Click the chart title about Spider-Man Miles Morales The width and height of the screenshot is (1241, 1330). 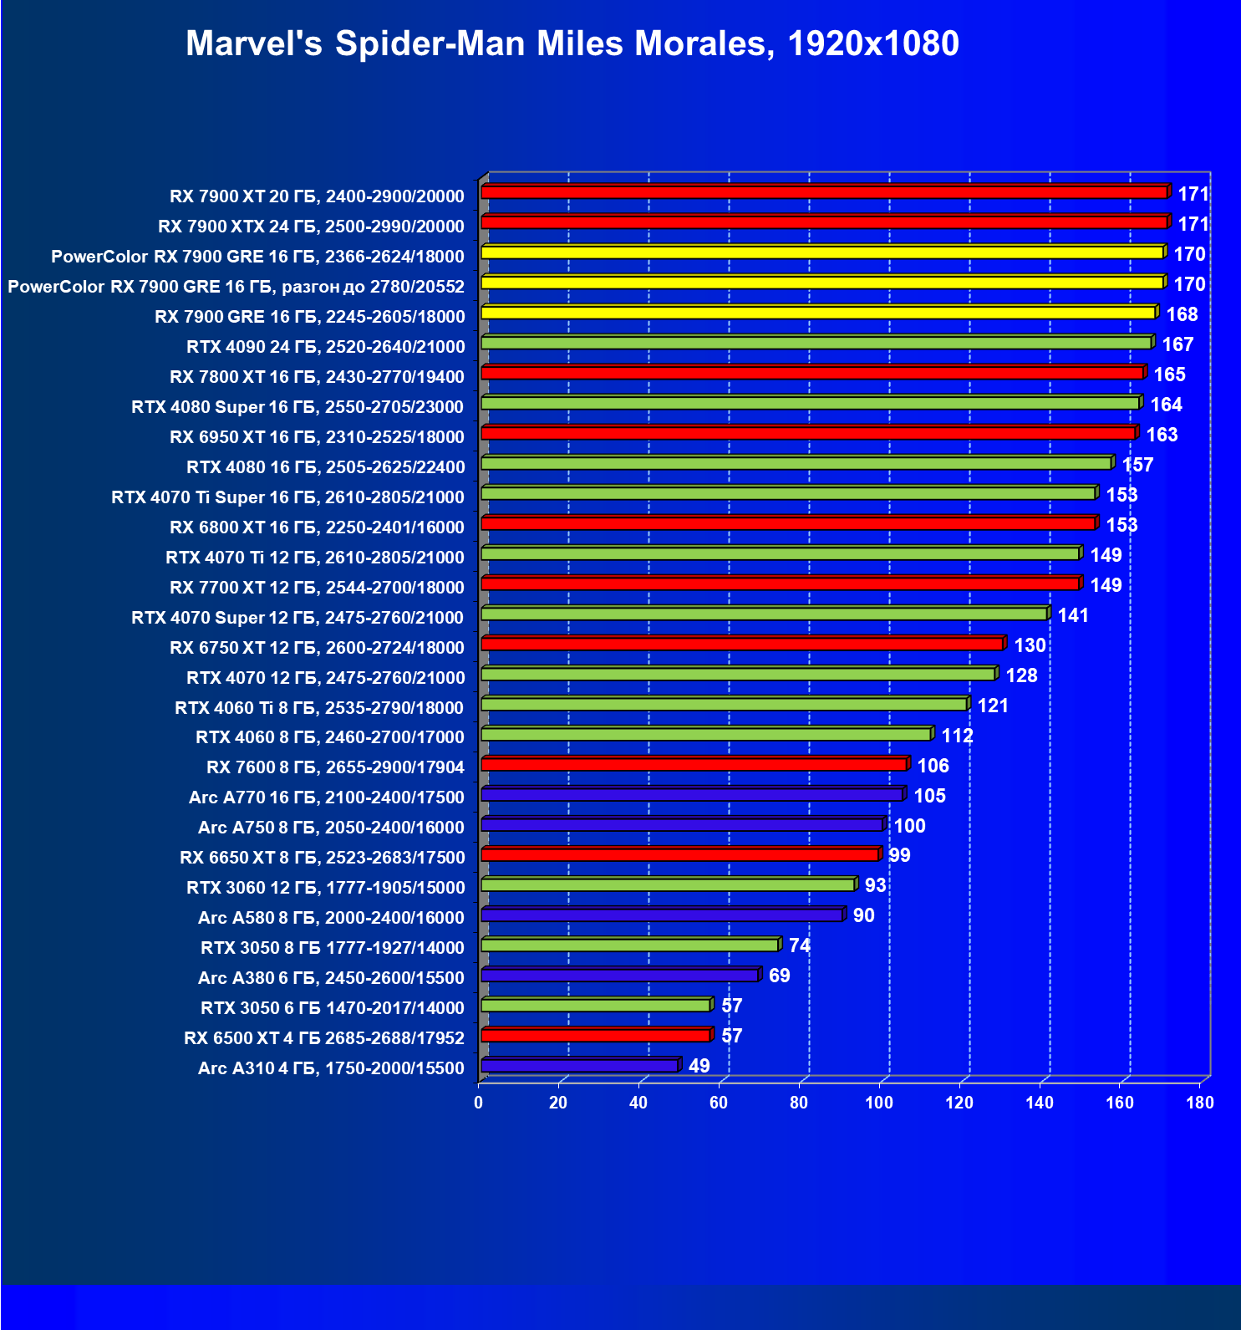[x=572, y=43]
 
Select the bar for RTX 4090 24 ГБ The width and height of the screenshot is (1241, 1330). [x=816, y=343]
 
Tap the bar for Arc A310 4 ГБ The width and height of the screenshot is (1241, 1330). [x=579, y=1066]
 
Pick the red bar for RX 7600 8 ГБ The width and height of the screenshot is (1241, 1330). [x=694, y=764]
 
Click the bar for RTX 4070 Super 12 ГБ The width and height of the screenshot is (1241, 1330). [x=764, y=614]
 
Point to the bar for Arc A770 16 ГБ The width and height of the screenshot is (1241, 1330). [x=692, y=794]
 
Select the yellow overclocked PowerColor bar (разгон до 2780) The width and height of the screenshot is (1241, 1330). [x=822, y=283]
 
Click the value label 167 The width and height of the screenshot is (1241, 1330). [x=1177, y=344]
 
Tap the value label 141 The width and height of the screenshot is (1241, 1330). [x=1073, y=615]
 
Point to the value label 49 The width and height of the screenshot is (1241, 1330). [x=699, y=1066]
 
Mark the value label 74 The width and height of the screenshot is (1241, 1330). [x=799, y=945]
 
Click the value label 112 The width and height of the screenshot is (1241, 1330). [x=957, y=736]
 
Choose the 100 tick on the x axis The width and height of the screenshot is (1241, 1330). [x=879, y=1103]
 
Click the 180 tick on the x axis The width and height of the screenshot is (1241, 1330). [x=1200, y=1103]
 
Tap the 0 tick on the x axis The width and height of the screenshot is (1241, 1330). [x=479, y=1103]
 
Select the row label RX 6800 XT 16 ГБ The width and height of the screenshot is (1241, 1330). [x=317, y=527]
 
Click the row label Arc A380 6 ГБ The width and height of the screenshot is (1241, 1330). [x=331, y=977]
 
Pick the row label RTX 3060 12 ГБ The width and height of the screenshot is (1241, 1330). [x=325, y=887]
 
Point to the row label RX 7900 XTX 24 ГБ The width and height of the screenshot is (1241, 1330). [x=311, y=226]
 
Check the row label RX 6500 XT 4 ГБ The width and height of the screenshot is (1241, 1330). [x=324, y=1037]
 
